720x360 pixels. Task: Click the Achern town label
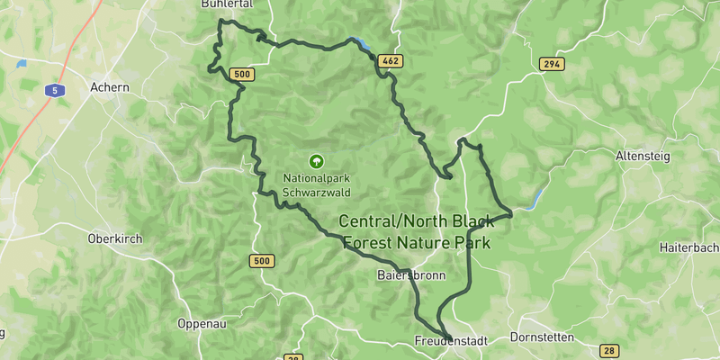coord(110,87)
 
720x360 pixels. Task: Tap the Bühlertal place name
coord(226,4)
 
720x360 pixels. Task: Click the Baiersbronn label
coord(412,276)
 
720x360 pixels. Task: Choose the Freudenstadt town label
coord(450,341)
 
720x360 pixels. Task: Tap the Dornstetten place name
coord(542,338)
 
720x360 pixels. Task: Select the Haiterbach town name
coord(688,247)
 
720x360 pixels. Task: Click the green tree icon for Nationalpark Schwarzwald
coord(316,161)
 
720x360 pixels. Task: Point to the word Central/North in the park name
coord(389,221)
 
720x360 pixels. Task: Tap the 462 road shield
coord(390,61)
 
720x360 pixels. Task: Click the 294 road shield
coord(552,64)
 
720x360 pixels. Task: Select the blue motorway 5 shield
coord(55,90)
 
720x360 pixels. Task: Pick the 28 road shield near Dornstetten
coord(609,350)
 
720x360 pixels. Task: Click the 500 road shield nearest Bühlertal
coord(240,75)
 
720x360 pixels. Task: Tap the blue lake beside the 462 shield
coord(361,42)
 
